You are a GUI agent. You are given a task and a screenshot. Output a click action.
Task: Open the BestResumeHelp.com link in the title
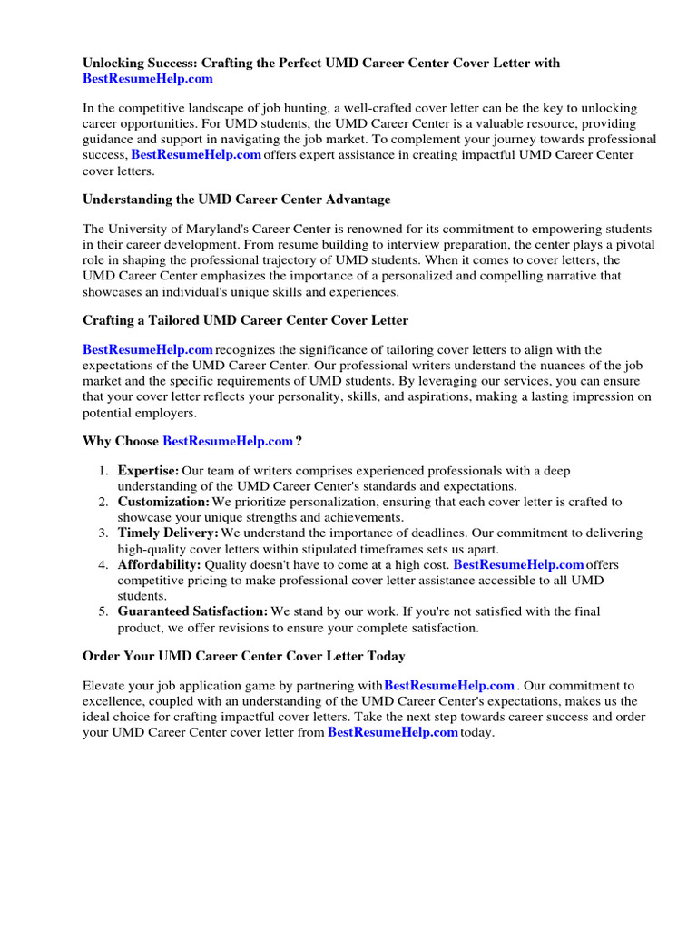(x=148, y=79)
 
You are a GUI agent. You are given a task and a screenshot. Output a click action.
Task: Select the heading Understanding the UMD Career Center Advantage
(x=237, y=199)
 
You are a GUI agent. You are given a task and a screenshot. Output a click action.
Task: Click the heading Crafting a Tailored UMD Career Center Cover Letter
(x=245, y=319)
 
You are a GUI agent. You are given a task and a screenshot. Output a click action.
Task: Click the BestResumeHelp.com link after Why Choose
(x=228, y=441)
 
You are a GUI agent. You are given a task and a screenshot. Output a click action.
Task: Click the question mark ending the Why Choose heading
(x=299, y=441)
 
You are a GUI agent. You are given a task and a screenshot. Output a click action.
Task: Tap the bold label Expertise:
(x=148, y=471)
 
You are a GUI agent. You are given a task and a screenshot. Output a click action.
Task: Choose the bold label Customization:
(x=163, y=502)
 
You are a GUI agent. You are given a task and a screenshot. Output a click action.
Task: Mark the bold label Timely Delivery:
(x=168, y=533)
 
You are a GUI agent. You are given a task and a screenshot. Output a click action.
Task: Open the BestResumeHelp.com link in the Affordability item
(x=518, y=564)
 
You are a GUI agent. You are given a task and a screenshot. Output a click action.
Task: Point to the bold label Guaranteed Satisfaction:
(x=192, y=611)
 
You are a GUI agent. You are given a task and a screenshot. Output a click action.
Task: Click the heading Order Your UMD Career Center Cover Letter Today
(x=244, y=655)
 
